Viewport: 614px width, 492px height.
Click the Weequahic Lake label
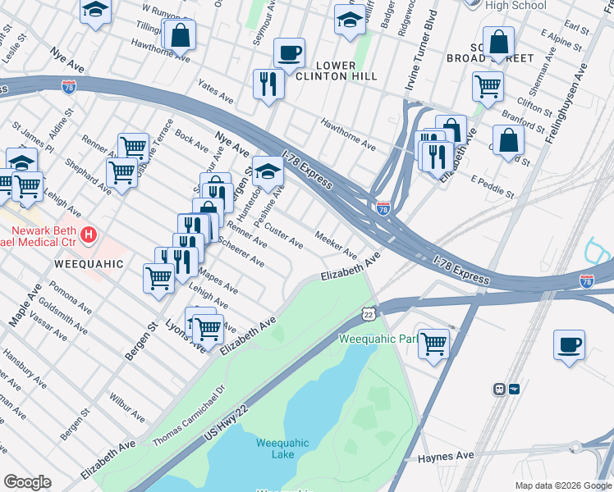[282, 449]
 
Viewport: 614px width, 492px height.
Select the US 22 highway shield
[369, 314]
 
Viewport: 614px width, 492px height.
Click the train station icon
[499, 389]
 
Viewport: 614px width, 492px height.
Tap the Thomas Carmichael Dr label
[188, 417]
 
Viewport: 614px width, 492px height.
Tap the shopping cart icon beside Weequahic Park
[433, 344]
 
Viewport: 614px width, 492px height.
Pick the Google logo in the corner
[27, 482]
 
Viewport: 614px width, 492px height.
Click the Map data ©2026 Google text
[563, 485]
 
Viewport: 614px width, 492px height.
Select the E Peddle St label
[492, 187]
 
